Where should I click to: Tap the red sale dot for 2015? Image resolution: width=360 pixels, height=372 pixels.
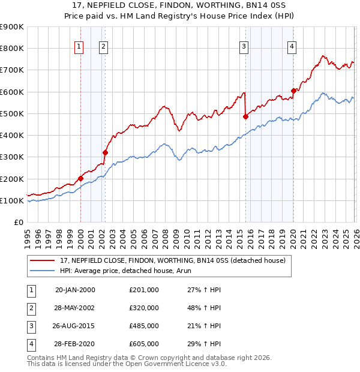[245, 117]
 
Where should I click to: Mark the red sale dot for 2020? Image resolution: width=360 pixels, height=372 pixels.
[293, 91]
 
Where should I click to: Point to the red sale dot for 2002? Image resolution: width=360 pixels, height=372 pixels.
[105, 152]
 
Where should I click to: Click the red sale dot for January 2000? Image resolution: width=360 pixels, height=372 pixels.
[80, 178]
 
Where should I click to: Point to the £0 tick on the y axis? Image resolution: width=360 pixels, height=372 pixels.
[19, 222]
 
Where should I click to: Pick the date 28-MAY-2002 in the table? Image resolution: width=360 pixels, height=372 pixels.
[75, 307]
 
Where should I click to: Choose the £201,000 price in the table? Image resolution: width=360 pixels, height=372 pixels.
[144, 289]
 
